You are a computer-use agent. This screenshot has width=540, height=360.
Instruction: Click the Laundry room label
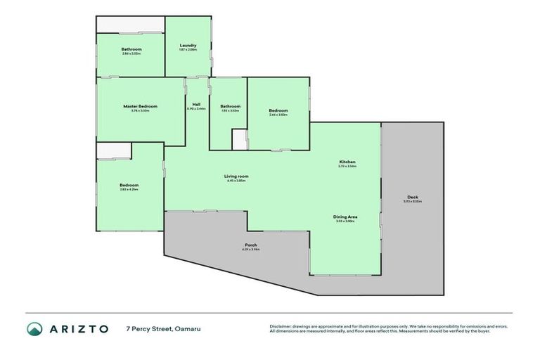tap(188, 45)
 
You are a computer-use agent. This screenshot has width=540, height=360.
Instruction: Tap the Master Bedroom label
tap(140, 106)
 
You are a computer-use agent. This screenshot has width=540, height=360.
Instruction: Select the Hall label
tap(196, 104)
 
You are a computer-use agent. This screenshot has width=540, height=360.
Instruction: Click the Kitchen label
tap(347, 162)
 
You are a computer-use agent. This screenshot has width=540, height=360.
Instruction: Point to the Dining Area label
tap(345, 217)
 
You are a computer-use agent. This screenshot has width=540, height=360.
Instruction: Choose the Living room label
tap(236, 176)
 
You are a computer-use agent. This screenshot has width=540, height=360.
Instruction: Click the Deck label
tap(412, 196)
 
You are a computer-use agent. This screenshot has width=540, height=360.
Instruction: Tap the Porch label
tap(250, 245)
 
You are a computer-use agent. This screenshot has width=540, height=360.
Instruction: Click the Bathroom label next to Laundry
tap(131, 49)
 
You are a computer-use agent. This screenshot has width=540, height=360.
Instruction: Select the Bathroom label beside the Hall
tap(230, 106)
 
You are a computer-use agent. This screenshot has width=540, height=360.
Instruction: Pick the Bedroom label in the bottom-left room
tap(129, 185)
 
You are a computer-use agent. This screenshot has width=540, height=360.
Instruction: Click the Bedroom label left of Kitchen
tap(278, 110)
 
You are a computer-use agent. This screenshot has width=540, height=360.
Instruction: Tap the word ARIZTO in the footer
tap(78, 328)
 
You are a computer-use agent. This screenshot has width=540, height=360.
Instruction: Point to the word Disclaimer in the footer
tap(281, 326)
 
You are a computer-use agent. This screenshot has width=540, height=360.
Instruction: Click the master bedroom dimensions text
tap(140, 110)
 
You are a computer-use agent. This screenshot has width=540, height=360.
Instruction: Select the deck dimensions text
tap(412, 201)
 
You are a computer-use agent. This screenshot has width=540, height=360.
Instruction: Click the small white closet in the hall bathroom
tap(240, 139)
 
